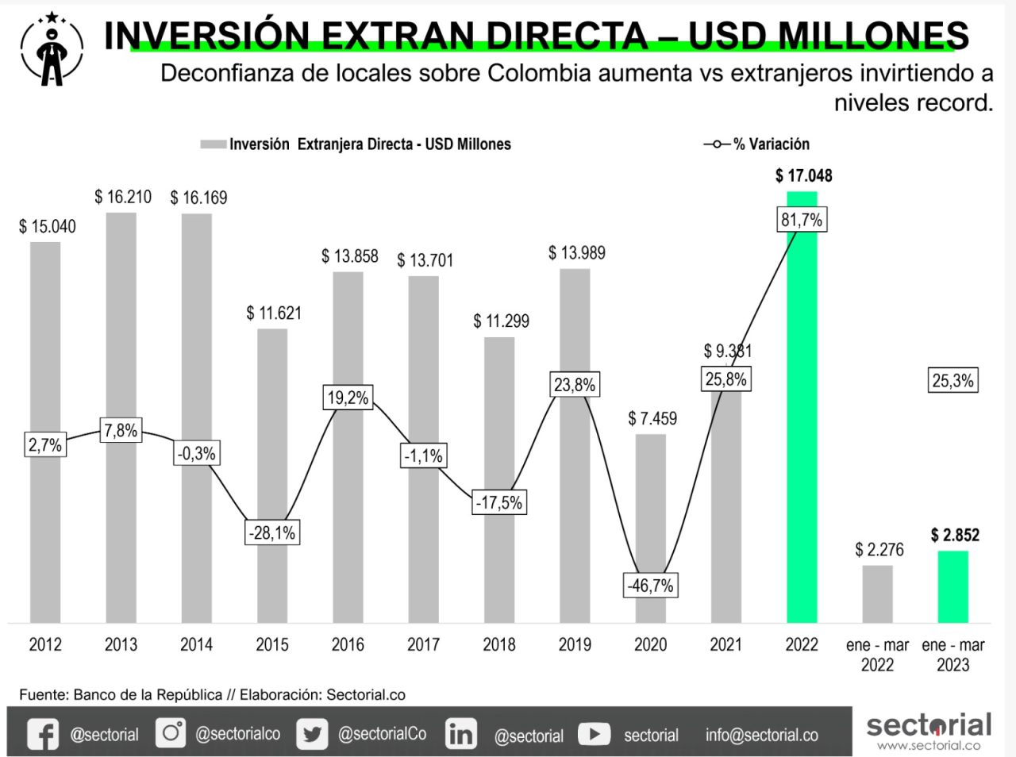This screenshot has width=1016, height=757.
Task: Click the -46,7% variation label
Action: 650,586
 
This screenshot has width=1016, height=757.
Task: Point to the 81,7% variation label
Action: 801,220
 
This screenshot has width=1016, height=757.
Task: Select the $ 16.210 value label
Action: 123,197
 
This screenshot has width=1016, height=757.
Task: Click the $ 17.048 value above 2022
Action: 803,175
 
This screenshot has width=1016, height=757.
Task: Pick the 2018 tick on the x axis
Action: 498,644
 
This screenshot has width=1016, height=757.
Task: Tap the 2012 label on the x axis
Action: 45,644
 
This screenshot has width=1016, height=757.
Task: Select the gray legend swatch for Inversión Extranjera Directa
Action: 213,144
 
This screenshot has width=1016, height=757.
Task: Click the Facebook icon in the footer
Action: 43,734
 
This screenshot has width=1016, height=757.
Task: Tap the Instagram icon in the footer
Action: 171,732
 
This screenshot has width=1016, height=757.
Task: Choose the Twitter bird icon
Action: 312,734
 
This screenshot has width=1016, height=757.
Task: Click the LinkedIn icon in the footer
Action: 460,734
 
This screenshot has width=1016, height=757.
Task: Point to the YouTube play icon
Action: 594,734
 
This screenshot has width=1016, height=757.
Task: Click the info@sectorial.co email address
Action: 761,736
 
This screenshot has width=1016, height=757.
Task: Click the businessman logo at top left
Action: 52,49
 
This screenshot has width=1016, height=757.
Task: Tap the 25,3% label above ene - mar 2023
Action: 952,380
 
